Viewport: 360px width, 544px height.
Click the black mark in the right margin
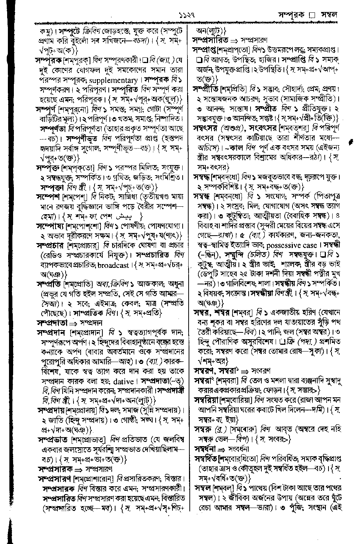click(350, 142)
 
